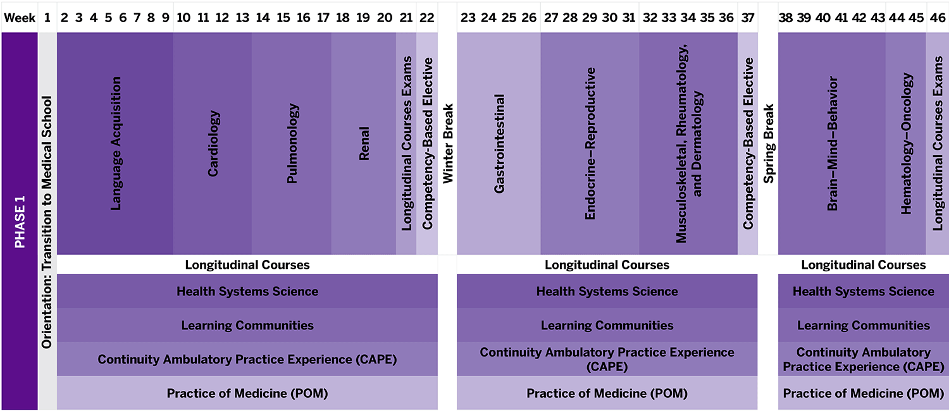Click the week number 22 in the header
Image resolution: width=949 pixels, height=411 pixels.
(427, 18)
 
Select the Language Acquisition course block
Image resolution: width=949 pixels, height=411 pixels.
(116, 144)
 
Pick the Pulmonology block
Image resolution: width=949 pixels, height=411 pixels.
(292, 144)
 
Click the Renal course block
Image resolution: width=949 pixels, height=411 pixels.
(364, 144)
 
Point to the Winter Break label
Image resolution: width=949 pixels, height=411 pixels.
(448, 144)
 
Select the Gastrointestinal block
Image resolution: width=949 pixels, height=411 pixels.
(499, 144)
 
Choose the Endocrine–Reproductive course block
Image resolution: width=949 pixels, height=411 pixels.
(590, 144)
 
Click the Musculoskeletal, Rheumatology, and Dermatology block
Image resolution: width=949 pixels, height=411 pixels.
(689, 144)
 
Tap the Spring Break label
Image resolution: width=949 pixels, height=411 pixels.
(769, 144)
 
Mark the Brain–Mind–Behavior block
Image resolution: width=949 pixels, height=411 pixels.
(832, 144)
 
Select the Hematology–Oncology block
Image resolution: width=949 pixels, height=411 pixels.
(906, 144)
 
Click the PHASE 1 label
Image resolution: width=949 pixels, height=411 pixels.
(20, 221)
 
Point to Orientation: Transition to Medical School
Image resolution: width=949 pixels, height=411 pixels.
(47, 221)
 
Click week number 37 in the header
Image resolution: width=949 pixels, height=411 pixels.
(748, 18)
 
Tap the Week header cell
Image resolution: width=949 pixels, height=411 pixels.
(19, 18)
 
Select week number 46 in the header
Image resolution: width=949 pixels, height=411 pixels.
(938, 18)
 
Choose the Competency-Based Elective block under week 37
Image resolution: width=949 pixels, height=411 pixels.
(748, 144)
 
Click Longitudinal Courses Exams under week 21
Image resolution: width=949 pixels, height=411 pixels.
(406, 144)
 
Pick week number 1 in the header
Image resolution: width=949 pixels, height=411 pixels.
(47, 18)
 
